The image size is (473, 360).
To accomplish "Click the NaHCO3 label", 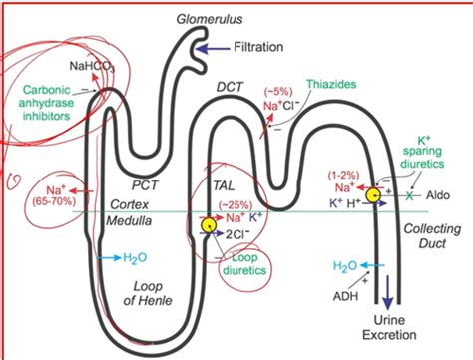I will (x=92, y=68).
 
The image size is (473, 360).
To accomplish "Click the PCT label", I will (x=148, y=184).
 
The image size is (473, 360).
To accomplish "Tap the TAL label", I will (x=225, y=185).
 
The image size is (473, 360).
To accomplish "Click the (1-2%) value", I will (x=345, y=174).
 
